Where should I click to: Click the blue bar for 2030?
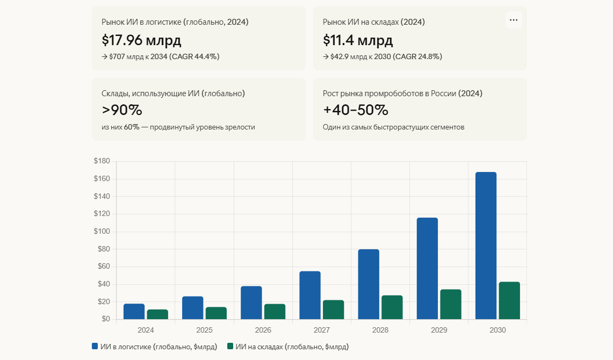coord(486,246)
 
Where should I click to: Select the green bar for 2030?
coord(509,300)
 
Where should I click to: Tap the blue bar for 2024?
coord(134,312)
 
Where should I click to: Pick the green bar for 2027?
coord(333,309)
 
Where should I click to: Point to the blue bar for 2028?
coord(369,284)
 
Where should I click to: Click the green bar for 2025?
coord(216,313)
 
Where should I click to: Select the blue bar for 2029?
coord(427,268)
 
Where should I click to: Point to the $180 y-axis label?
coord(102,161)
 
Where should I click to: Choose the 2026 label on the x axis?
coord(263,330)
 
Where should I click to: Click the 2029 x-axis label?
coord(439,330)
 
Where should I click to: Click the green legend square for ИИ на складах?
coord(230,347)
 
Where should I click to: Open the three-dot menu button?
coord(514,20)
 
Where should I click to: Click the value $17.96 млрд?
coord(141,40)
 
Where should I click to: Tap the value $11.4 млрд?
coord(358,40)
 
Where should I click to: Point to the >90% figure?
coord(122,110)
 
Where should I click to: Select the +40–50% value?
coord(355,110)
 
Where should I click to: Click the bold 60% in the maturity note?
coord(132,127)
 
